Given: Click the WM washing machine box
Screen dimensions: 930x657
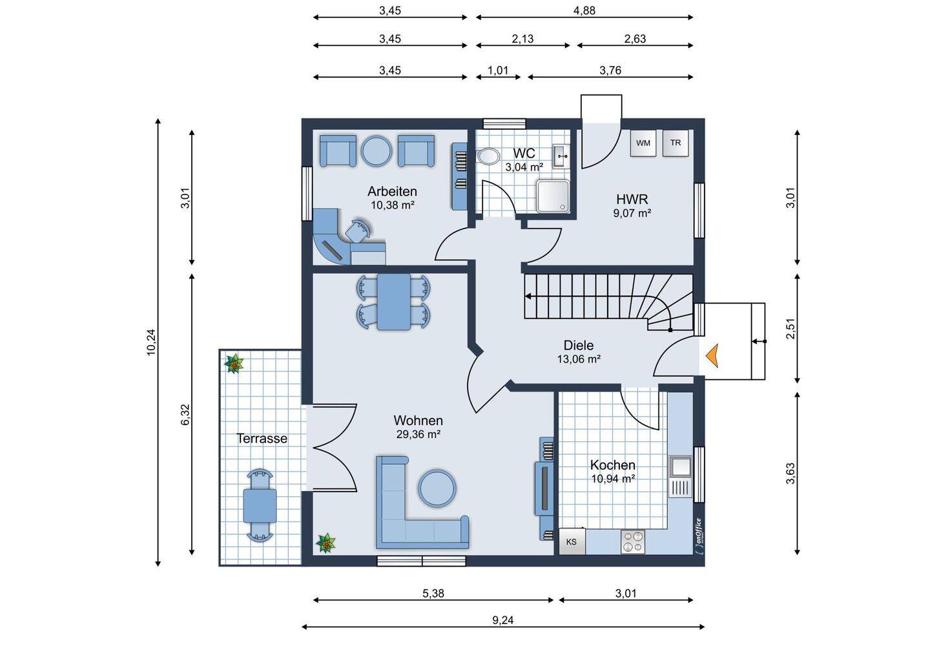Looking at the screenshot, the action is coord(643,143).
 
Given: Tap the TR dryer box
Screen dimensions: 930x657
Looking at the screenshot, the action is coord(675,143).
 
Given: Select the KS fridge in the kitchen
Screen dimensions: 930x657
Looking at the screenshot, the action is coord(572,541).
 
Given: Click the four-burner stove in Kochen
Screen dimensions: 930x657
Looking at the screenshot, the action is coord(633,541).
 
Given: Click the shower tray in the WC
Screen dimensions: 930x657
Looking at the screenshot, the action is coord(553,196).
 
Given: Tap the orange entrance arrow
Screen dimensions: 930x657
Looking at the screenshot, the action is coord(712,356).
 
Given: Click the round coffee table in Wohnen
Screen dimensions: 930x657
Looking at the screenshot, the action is coord(437,488).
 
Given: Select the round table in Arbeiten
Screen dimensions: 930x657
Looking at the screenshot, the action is coord(376,151).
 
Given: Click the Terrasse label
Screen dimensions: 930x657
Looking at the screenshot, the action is coord(262,439).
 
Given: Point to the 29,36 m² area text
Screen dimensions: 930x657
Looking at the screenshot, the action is coord(418,434).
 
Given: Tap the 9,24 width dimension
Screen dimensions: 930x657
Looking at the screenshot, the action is coord(502,620).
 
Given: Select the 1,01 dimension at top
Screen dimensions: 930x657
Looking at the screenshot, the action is coord(498,70).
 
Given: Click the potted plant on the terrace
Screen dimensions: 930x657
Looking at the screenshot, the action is coord(234,364).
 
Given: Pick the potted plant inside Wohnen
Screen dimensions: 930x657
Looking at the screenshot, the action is coord(325,543).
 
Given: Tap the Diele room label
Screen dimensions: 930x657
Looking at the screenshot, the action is coord(579,345).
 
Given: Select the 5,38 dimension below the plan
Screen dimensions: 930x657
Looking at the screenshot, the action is coord(433,594).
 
